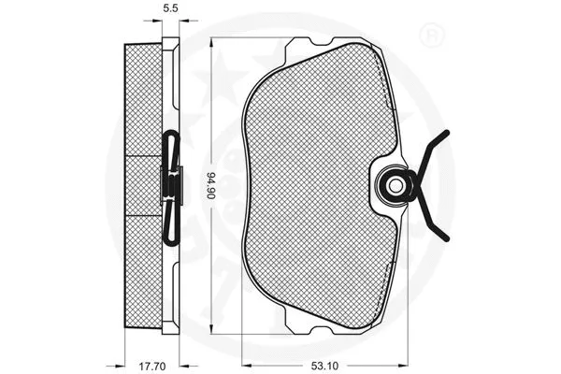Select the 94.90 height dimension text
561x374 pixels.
pos(213,188)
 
